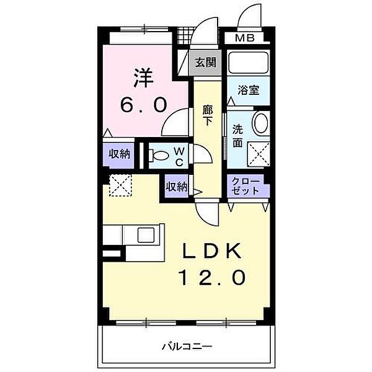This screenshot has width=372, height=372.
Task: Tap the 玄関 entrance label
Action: click(x=205, y=62)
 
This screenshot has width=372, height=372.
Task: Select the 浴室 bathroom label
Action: click(x=249, y=90)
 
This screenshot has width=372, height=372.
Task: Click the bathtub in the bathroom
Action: click(x=248, y=63)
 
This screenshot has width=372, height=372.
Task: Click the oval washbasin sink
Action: click(x=261, y=123)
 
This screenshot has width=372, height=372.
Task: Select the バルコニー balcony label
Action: click(x=188, y=346)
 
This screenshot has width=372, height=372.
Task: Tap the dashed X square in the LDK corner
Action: click(x=118, y=185)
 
